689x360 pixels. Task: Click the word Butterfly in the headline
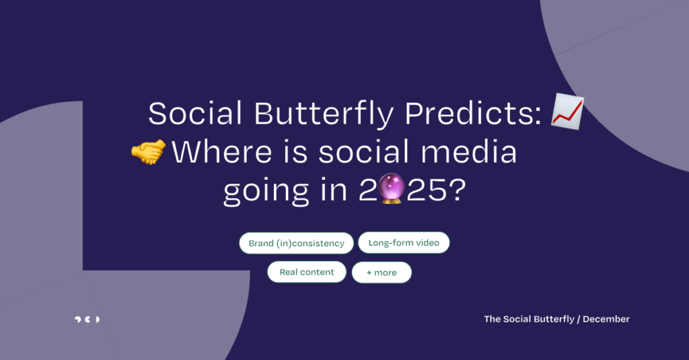click(324, 114)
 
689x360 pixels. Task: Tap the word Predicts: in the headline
click(473, 114)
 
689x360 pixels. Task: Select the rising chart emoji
click(567, 111)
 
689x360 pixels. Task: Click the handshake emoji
click(149, 151)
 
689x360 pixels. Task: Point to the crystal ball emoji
click(391, 188)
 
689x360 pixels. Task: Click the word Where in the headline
click(221, 151)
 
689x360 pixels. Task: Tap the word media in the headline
click(468, 151)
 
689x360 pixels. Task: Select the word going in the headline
click(266, 192)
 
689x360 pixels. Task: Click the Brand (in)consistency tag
click(296, 243)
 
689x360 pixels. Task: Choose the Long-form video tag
click(404, 243)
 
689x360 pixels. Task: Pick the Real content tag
click(307, 272)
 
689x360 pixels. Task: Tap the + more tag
click(382, 273)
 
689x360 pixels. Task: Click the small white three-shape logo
click(87, 319)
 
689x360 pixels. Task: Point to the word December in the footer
click(606, 319)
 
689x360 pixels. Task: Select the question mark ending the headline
click(458, 190)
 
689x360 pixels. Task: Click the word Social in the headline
click(196, 114)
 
